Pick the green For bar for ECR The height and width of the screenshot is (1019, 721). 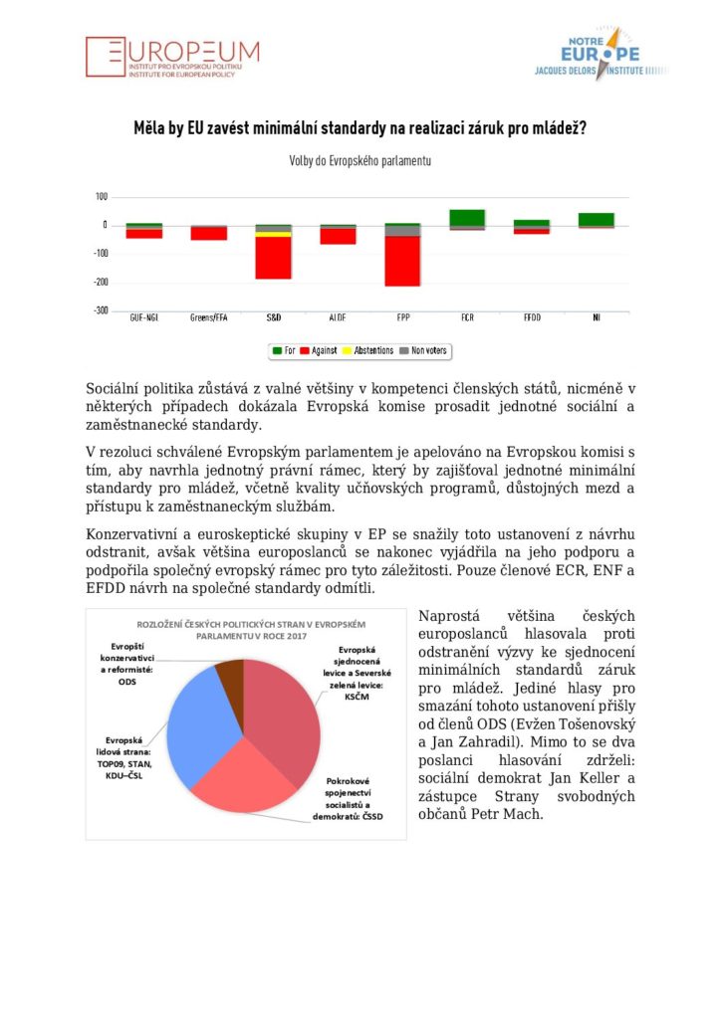pyautogui.click(x=467, y=218)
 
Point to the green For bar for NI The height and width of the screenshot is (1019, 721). pyautogui.click(x=597, y=219)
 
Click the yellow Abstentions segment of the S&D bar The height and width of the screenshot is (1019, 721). pyautogui.click(x=274, y=235)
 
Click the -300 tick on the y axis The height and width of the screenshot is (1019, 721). pyautogui.click(x=100, y=310)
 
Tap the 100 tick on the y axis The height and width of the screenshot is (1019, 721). pyautogui.click(x=102, y=197)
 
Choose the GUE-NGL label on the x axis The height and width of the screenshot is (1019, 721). pyautogui.click(x=144, y=318)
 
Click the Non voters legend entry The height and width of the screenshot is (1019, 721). pyautogui.click(x=423, y=350)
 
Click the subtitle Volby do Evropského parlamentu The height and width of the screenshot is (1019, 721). pyautogui.click(x=360, y=160)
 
